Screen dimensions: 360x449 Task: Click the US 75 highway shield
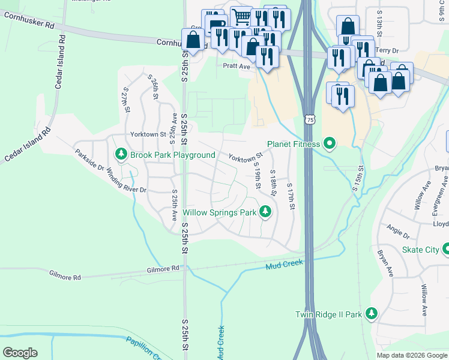click(310, 120)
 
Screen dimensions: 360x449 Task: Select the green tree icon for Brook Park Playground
click(121, 155)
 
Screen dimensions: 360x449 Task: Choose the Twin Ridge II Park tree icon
click(372, 314)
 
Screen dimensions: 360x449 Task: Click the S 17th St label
click(291, 197)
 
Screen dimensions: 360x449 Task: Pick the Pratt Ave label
click(236, 67)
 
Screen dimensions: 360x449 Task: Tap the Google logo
click(20, 353)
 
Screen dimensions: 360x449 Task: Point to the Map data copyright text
click(412, 355)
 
